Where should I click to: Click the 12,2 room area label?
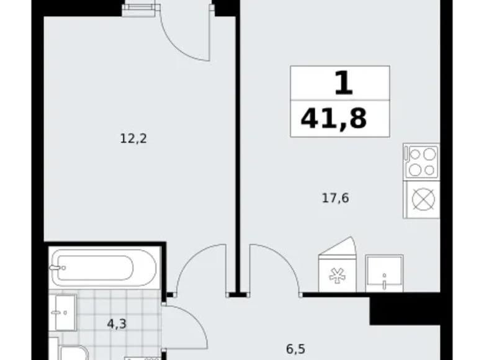coord(133,138)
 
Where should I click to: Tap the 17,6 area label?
coord(336,198)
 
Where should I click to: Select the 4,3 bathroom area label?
coord(117,324)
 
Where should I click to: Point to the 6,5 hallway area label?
coord(296,349)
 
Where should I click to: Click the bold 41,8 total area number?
coord(334,119)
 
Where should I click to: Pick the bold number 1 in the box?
coord(344,83)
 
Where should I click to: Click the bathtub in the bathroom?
coord(104,268)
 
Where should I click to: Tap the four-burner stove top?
coord(421,161)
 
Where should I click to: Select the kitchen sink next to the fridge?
coord(384,273)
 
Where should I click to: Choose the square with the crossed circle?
coord(421,199)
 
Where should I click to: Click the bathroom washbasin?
coord(63,312)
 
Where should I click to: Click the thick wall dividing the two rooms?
coord(238,148)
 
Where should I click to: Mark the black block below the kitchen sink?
coord(405,308)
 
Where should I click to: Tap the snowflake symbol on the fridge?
coord(337,276)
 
